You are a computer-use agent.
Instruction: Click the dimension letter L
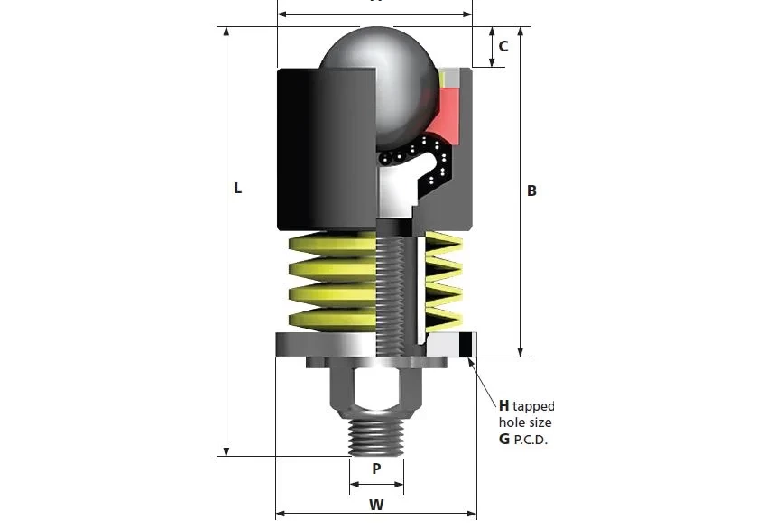click(237, 189)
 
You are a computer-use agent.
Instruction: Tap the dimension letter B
click(531, 190)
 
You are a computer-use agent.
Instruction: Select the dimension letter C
click(503, 46)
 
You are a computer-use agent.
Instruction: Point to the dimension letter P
click(376, 469)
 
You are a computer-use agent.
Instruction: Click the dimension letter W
click(376, 505)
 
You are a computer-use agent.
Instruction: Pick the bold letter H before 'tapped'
click(504, 405)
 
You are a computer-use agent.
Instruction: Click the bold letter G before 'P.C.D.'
click(504, 439)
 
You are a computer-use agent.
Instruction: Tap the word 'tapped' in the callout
click(533, 406)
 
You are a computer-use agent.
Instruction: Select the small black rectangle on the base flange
click(466, 344)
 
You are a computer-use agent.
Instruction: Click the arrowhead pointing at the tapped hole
click(471, 363)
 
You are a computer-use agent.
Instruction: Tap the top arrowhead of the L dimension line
click(226, 32)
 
